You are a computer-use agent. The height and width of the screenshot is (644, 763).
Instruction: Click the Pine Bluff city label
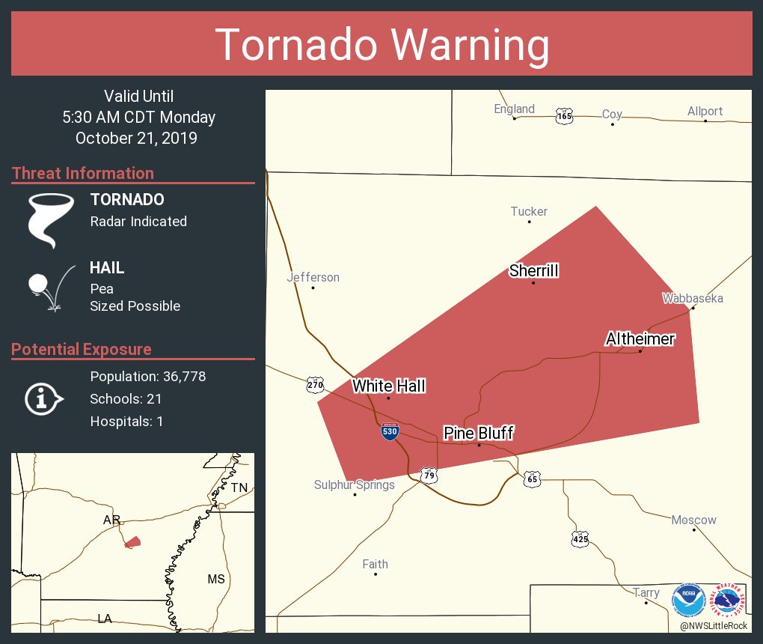coord(479,434)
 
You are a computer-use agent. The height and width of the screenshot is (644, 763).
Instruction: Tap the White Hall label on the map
coord(389,386)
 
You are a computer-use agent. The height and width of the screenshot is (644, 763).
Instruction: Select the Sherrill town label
coord(534,271)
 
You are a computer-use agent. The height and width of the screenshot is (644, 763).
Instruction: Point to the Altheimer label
coord(640,339)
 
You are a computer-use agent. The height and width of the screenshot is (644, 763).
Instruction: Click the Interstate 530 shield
coord(390,431)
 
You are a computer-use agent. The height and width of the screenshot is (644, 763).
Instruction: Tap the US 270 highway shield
coord(316,386)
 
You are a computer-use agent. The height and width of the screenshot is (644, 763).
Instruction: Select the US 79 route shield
coord(429,475)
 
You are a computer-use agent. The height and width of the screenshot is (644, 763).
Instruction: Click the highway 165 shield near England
coord(564,116)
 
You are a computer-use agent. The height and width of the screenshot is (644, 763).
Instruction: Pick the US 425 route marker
coord(580,538)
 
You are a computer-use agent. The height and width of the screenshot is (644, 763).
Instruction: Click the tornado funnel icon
coord(50,219)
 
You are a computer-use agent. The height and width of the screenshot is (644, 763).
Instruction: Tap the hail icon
coord(49,288)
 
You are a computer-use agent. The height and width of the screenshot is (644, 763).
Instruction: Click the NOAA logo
coord(688,601)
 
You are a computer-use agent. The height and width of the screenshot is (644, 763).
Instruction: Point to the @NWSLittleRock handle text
coord(714,626)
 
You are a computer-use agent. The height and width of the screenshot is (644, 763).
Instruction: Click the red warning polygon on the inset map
coord(132,541)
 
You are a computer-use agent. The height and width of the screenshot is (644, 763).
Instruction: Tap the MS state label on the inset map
coord(216,579)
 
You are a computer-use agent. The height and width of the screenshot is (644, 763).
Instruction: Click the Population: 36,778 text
coord(147,377)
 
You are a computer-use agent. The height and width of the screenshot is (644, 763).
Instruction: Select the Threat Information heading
coord(83,174)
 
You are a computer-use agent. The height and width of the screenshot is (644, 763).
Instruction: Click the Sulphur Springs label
coord(354,485)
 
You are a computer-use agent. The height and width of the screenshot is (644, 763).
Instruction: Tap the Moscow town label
coord(693,520)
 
